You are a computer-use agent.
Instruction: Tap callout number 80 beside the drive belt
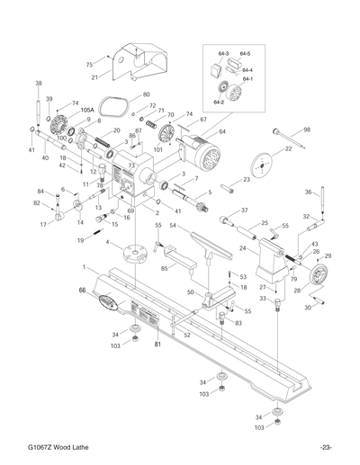click(146, 94)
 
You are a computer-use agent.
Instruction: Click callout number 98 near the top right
click(307, 130)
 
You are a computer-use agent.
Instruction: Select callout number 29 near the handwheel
click(328, 257)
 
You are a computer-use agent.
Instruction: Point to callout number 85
click(164, 268)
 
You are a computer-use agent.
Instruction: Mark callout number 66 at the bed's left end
click(82, 291)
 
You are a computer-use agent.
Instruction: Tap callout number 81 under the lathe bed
click(157, 343)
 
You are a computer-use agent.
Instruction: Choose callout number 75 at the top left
click(89, 64)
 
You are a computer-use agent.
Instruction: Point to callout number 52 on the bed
click(187, 335)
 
